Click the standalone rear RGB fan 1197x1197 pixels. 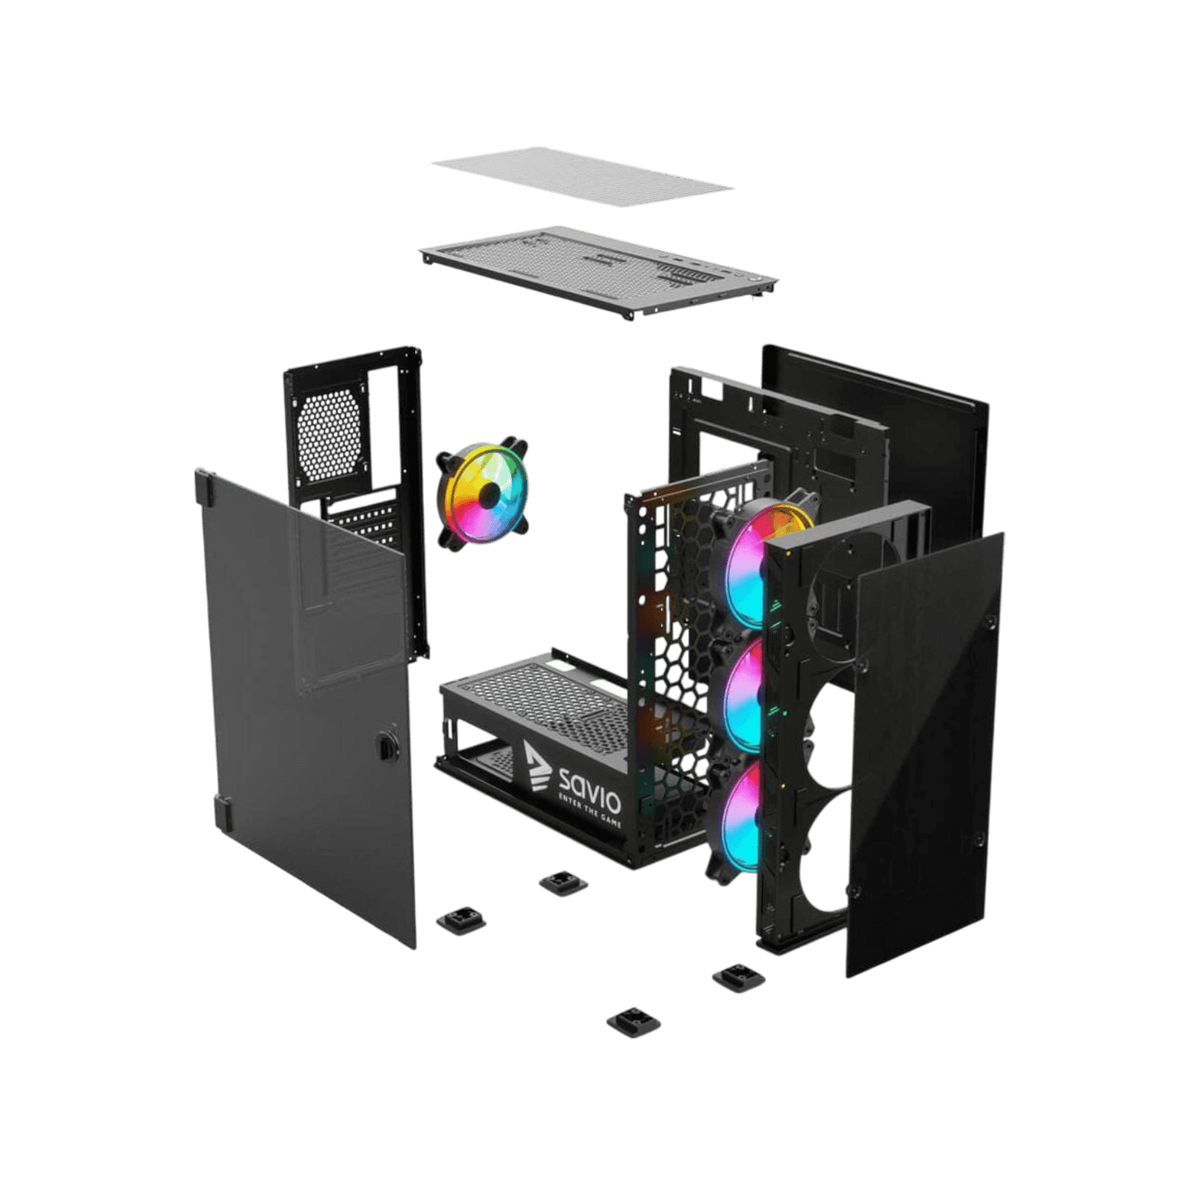(483, 495)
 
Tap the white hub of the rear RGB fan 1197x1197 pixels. (490, 495)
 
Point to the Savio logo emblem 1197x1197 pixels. (536, 765)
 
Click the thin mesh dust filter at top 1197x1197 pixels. (580, 176)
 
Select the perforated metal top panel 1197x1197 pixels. (596, 269)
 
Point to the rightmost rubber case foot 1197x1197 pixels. (739, 977)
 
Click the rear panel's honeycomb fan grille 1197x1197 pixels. (329, 432)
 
